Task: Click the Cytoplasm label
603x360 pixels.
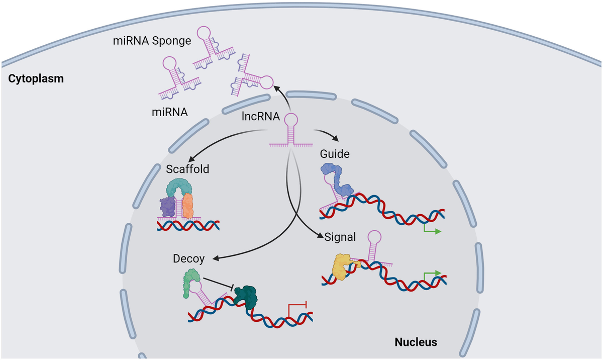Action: click(x=35, y=79)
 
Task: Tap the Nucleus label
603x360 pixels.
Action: click(x=416, y=342)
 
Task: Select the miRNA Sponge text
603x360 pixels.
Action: click(x=152, y=40)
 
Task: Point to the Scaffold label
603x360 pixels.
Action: click(x=187, y=169)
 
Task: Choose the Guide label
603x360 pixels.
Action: click(x=335, y=154)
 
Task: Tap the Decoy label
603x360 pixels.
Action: click(x=188, y=259)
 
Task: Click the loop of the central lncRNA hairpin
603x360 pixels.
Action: click(x=291, y=120)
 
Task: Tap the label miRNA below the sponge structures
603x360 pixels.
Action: click(x=170, y=112)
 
